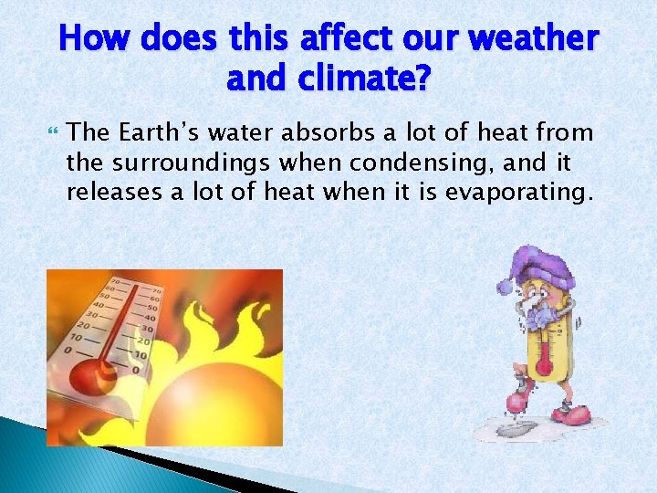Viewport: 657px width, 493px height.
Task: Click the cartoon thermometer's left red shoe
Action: (x=521, y=402)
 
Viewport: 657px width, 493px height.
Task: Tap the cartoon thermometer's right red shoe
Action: (x=576, y=415)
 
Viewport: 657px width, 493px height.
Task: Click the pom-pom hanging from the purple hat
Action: (x=505, y=286)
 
